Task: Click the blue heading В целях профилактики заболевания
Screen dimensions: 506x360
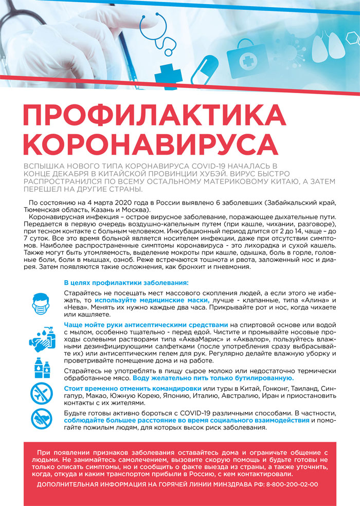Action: coord(126,283)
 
